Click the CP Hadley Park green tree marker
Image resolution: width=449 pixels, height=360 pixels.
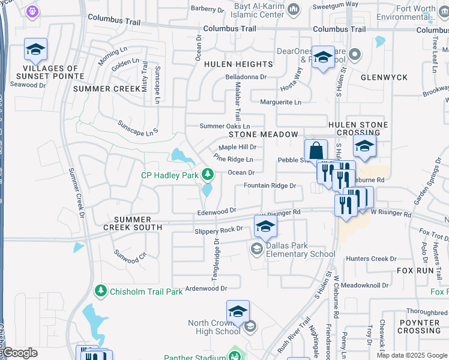click(208, 175)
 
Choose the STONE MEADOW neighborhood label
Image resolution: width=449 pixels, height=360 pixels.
click(262, 134)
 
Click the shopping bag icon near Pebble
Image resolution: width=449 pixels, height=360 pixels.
click(316, 151)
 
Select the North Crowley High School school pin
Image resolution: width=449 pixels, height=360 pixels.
click(238, 311)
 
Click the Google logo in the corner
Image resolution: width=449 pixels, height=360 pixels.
click(19, 353)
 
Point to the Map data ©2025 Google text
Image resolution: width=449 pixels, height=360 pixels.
click(412, 355)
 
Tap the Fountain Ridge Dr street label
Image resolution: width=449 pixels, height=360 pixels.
click(270, 186)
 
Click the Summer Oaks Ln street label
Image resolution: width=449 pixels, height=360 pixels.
click(224, 126)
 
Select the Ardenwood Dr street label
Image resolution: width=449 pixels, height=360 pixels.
click(206, 288)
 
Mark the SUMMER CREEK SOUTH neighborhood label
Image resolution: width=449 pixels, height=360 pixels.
click(132, 223)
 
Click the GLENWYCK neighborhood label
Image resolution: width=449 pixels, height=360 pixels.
click(384, 77)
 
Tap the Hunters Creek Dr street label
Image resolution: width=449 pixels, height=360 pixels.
click(367, 259)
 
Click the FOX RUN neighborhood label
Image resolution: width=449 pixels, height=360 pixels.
click(415, 271)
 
